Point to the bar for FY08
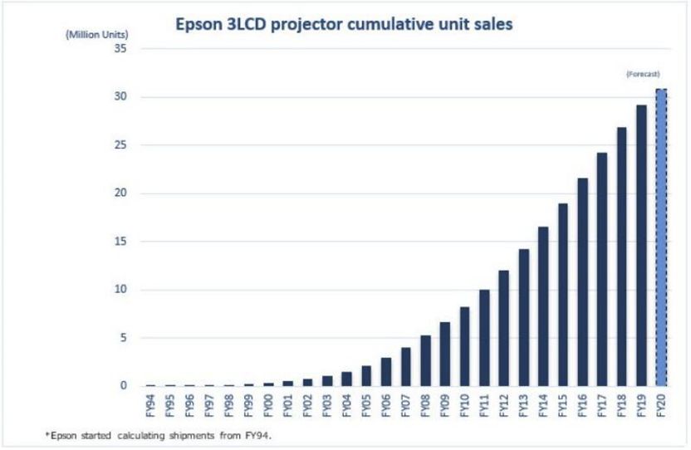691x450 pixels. (425, 360)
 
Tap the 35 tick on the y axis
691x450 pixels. (120, 49)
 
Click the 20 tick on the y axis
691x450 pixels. (120, 193)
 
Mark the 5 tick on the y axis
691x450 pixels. (123, 338)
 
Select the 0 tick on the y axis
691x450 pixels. (123, 386)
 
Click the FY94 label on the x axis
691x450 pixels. (150, 408)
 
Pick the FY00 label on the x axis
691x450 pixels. (267, 408)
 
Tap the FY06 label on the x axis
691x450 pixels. (386, 408)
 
